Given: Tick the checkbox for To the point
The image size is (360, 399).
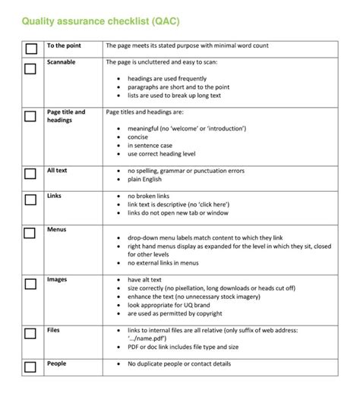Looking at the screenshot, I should [x=30, y=49].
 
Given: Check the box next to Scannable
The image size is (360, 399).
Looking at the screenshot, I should [x=30, y=69].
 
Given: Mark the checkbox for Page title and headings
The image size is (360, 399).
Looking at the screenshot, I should [x=30, y=117].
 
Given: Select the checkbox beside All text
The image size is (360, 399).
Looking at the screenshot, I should [x=30, y=174].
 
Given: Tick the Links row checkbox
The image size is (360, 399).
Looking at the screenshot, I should [x=30, y=200].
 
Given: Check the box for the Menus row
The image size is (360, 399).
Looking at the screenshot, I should [x=30, y=233].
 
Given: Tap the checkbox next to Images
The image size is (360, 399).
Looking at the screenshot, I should [x=30, y=284].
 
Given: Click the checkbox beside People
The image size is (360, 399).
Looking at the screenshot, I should [x=30, y=367].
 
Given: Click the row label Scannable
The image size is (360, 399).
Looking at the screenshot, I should [x=61, y=62].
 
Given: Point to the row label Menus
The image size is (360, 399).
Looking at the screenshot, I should [x=57, y=228].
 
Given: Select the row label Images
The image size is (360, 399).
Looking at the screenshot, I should [x=57, y=279].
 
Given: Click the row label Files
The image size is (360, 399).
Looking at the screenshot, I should [x=54, y=330].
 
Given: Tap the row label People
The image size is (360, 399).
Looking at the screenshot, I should [x=57, y=363].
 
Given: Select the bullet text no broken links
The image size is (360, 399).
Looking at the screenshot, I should [x=150, y=196].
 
